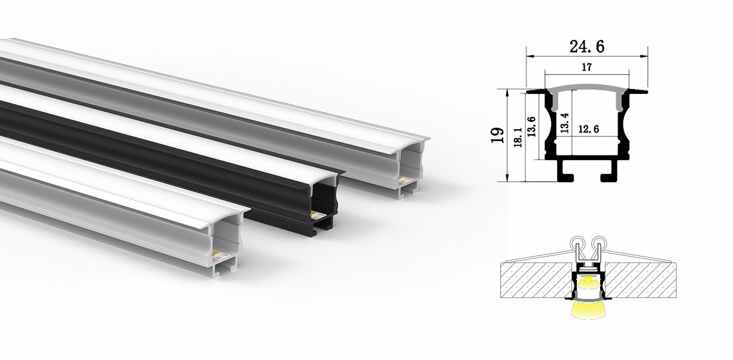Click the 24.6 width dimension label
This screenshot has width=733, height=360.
coord(586,45)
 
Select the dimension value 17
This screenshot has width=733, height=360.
coord(587,68)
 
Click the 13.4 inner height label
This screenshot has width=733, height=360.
coord(564,123)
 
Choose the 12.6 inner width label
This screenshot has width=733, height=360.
coord(590,129)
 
